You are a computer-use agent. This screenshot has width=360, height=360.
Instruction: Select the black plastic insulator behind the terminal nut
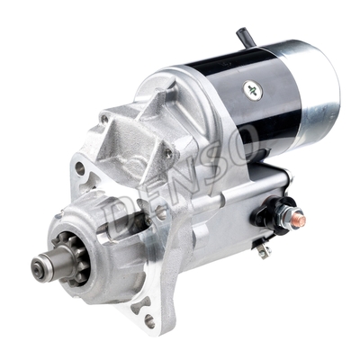[270, 213]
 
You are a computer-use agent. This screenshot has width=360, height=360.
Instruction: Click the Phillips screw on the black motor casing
[253, 89]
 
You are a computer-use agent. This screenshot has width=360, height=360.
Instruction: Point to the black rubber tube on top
[245, 37]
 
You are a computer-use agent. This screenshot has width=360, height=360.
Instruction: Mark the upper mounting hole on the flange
[80, 168]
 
